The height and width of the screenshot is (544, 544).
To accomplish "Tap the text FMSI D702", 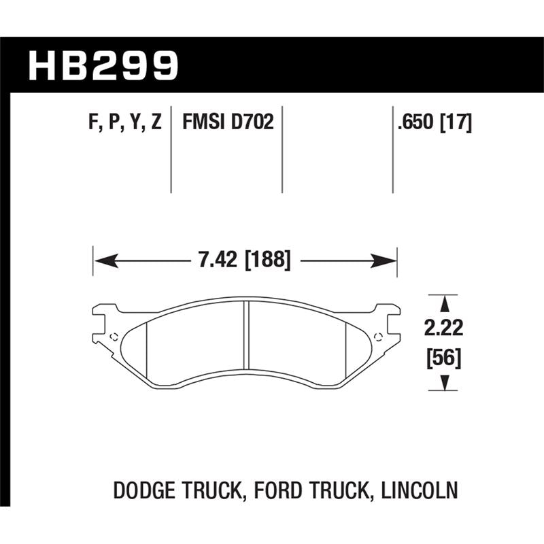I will (x=227, y=123).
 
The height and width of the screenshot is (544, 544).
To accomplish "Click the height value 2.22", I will (x=445, y=329).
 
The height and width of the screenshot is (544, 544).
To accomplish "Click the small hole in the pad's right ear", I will (x=378, y=335).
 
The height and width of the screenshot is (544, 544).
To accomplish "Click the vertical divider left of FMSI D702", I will (x=170, y=150).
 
